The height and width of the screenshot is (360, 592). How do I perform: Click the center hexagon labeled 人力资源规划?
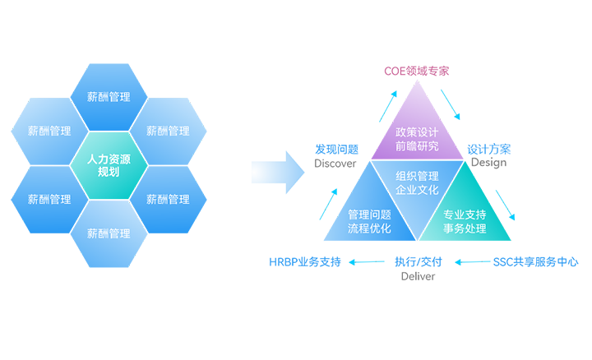(x=109, y=165)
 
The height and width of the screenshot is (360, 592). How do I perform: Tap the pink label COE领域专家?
(x=417, y=72)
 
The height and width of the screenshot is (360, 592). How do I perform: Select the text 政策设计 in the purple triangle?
(x=417, y=132)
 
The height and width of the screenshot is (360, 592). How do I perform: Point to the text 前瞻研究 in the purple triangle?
(x=417, y=146)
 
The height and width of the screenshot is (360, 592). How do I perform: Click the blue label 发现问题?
(x=336, y=150)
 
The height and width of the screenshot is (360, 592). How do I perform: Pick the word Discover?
(x=335, y=163)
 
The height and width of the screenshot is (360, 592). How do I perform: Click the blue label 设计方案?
(x=488, y=150)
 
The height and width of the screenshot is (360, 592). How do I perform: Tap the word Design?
(x=488, y=163)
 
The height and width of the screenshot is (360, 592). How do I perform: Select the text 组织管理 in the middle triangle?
(x=417, y=176)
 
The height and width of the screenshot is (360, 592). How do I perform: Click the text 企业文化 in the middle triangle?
(x=417, y=190)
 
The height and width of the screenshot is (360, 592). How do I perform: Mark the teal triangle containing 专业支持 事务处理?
(x=465, y=219)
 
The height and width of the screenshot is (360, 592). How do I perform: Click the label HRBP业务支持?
(x=304, y=263)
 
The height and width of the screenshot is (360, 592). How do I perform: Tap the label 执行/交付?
(x=418, y=263)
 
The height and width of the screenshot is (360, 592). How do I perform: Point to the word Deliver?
(x=418, y=276)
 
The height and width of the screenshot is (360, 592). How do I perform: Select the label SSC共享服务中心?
(x=535, y=263)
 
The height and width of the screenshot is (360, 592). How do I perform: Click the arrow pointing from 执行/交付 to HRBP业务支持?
(x=367, y=263)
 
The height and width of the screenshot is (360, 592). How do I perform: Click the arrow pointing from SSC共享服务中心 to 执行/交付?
(x=472, y=263)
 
